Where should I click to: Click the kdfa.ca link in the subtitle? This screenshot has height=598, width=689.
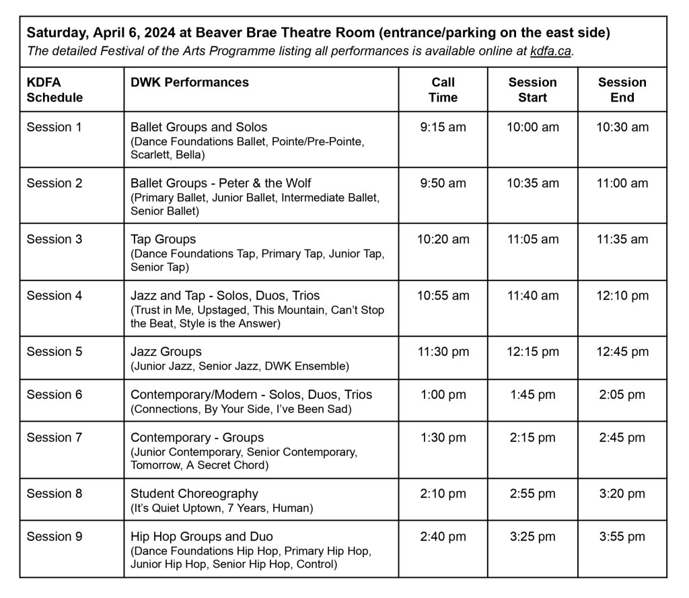pos(550,52)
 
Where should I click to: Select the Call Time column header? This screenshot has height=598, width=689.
pos(443,89)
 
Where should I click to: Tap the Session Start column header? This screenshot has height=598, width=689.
pos(532,89)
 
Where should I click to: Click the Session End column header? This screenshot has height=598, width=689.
pos(622,89)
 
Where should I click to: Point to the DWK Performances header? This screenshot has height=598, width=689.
pos(190,82)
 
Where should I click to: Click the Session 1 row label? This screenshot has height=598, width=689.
pos(54,127)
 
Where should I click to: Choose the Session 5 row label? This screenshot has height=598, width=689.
pos(54,351)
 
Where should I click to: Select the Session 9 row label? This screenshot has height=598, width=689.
pos(54,536)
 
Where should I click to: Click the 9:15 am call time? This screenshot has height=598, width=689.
pos(443,127)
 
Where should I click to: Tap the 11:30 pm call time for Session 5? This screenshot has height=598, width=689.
pos(443,352)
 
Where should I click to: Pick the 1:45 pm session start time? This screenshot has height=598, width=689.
pos(532,395)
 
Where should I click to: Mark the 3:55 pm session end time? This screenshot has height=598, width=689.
pos(622,536)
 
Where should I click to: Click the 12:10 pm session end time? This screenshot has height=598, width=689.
pos(622,295)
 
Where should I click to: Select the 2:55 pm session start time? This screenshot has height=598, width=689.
pos(532,494)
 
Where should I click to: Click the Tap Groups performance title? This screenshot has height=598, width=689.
pos(163,239)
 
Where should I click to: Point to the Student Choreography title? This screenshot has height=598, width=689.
pos(194,494)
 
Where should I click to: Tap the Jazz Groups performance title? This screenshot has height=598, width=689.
pos(166,351)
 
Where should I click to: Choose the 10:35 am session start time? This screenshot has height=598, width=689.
pos(532,183)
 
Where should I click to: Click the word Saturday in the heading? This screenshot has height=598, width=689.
pos(54,33)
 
